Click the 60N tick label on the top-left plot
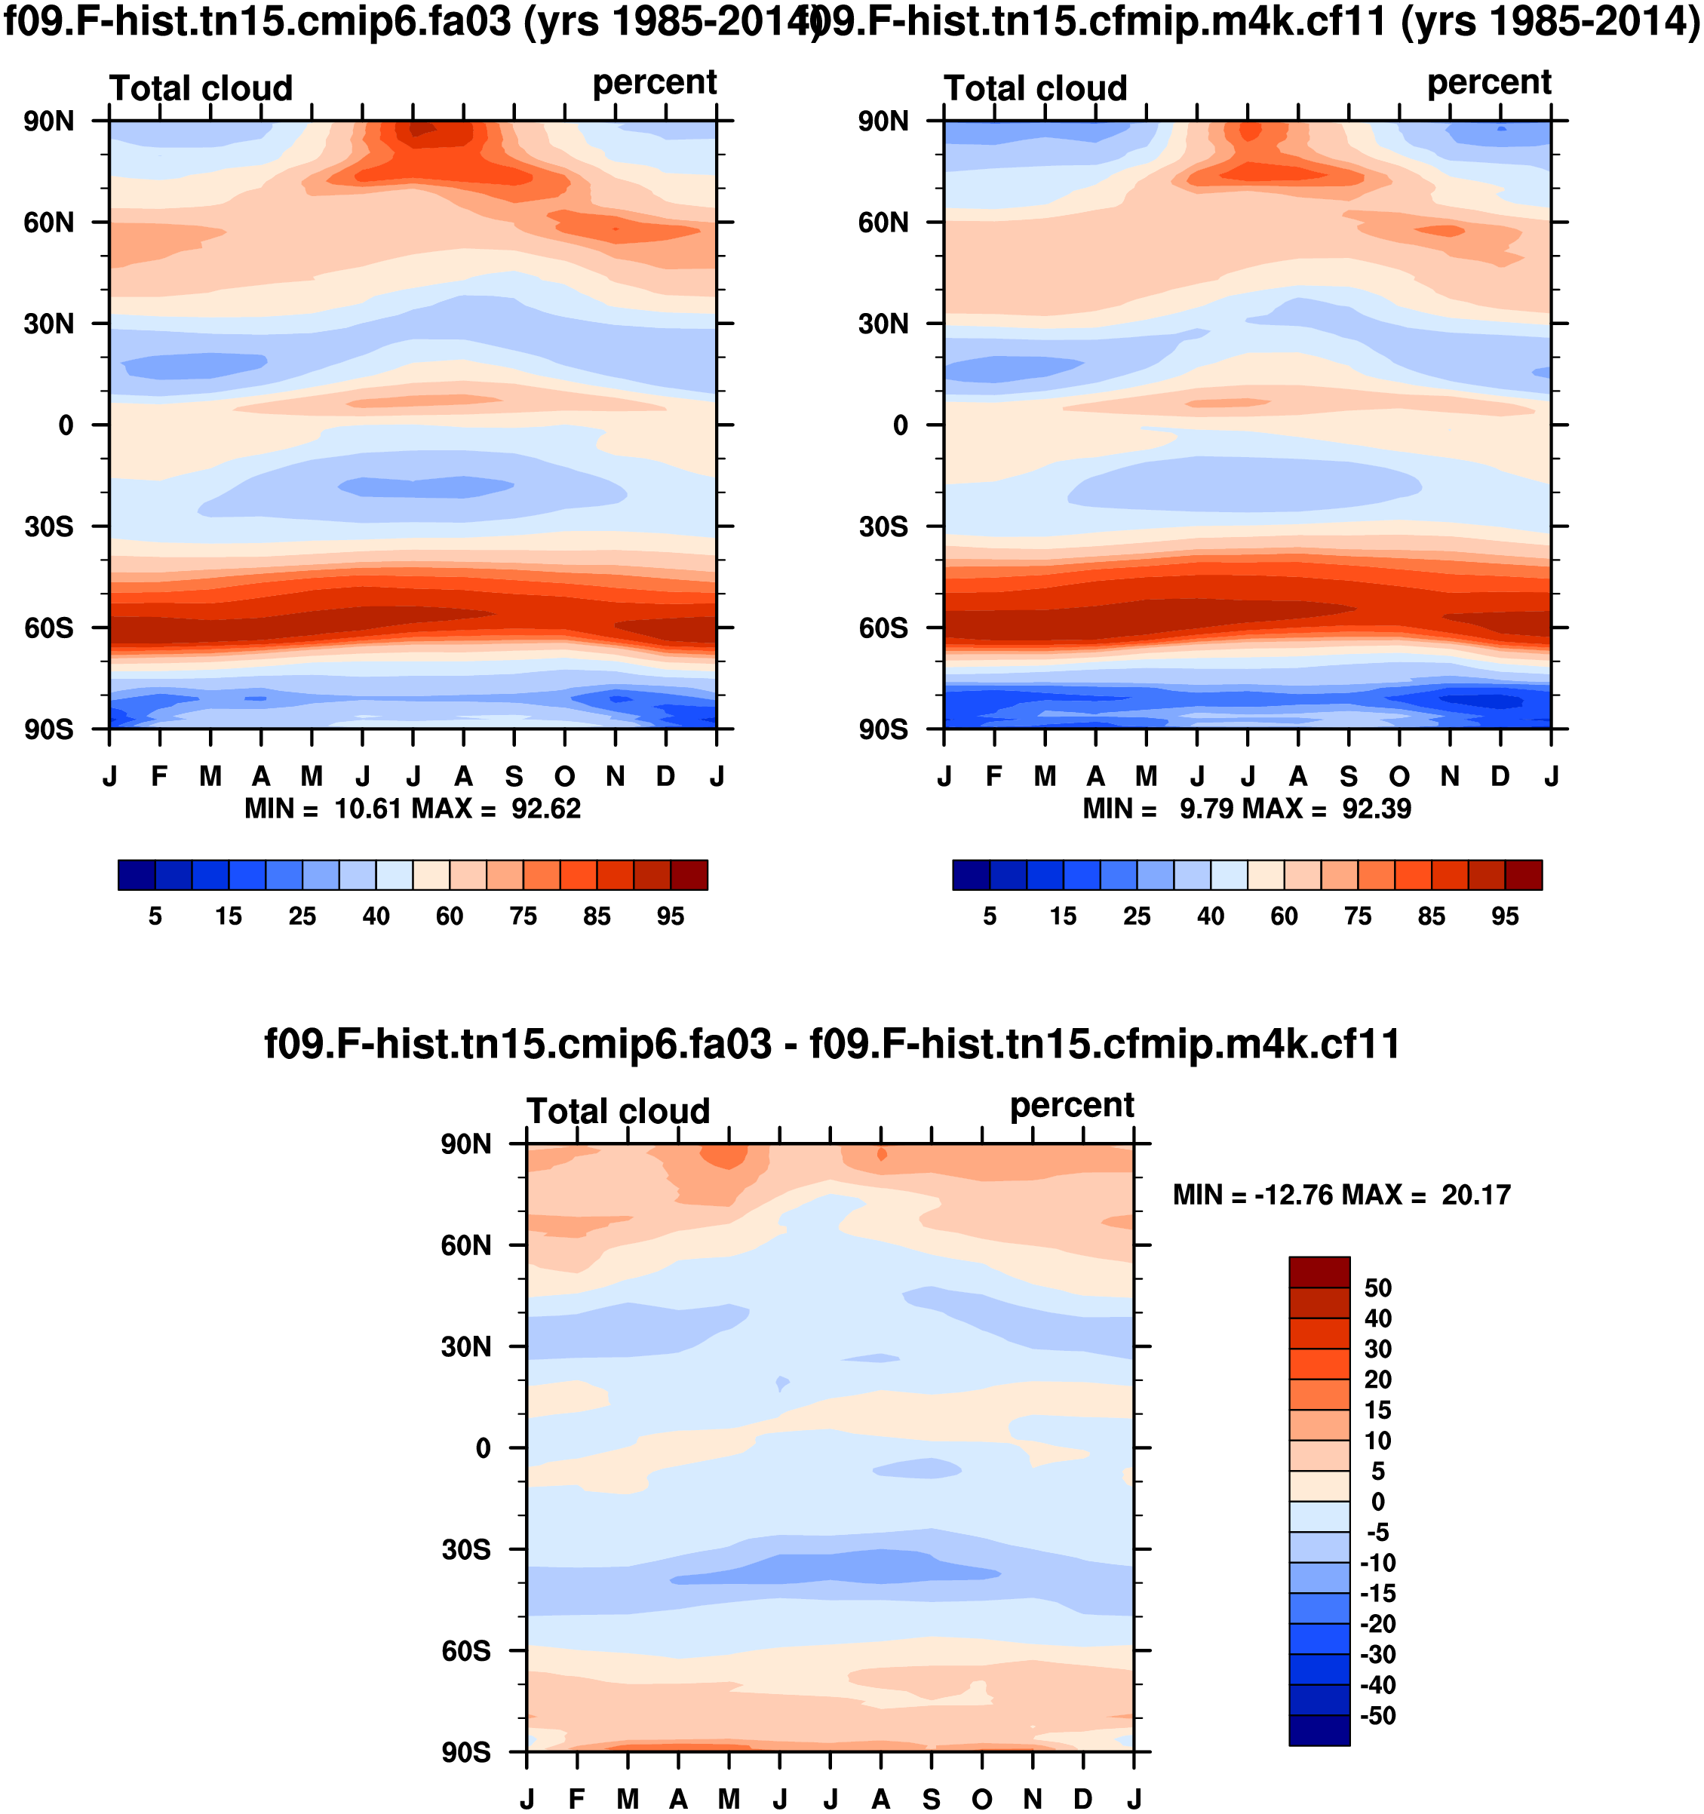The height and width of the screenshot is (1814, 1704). tap(48, 223)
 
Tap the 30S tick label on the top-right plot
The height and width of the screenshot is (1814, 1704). tap(883, 527)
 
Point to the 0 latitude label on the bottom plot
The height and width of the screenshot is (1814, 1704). tap(483, 1449)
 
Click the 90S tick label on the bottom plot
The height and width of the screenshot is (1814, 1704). tap(465, 1753)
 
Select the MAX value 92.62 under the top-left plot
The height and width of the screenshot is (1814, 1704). tap(546, 809)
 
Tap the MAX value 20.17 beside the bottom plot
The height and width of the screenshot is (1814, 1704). tap(1476, 1196)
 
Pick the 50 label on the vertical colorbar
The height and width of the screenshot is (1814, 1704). tap(1377, 1288)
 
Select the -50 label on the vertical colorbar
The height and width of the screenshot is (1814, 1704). tap(1377, 1715)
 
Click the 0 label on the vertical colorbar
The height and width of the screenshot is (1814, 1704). tap(1377, 1502)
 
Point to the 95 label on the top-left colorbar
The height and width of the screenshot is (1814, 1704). tap(670, 916)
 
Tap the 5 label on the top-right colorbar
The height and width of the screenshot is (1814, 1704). tap(990, 916)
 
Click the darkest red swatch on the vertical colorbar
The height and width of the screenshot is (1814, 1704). tap(1319, 1272)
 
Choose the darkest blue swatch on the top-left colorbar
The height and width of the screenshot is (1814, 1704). tap(136, 875)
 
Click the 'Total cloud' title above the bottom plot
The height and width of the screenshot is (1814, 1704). tap(618, 1111)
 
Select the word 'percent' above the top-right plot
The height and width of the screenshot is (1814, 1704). tap(1488, 83)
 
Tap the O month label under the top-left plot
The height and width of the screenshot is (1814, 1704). tap(565, 777)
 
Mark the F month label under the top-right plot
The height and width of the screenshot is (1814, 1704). tap(994, 777)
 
